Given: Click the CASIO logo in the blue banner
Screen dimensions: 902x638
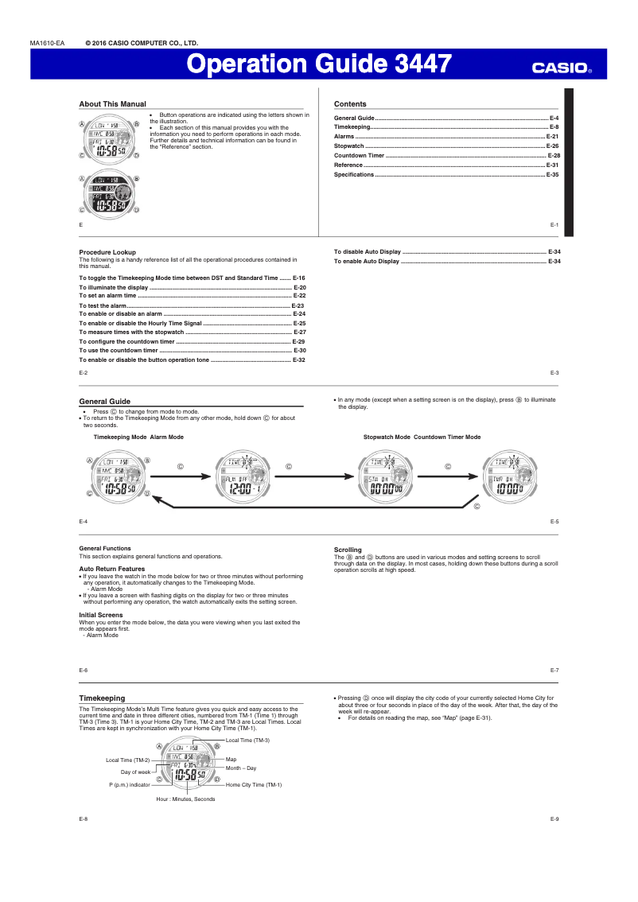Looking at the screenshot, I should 562,68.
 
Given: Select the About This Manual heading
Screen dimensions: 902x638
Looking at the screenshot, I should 112,104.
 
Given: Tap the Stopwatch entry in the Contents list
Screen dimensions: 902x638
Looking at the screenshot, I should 349,146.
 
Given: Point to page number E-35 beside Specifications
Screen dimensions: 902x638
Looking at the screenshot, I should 553,174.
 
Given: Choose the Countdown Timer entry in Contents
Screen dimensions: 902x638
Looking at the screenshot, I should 359,156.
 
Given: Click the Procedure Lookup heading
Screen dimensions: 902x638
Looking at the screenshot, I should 107,252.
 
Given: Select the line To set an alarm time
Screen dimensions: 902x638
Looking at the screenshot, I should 108,295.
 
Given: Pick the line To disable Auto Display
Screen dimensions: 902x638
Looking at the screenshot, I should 368,252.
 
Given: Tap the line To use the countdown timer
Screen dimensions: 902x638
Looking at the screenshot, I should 119,350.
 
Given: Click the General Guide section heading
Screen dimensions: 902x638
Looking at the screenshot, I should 105,402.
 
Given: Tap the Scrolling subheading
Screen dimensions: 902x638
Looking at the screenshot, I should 348,550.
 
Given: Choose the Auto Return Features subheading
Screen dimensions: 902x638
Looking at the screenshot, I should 111,569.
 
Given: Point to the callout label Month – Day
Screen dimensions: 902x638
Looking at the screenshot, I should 241,768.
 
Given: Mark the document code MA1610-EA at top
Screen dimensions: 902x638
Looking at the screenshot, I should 47,43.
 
